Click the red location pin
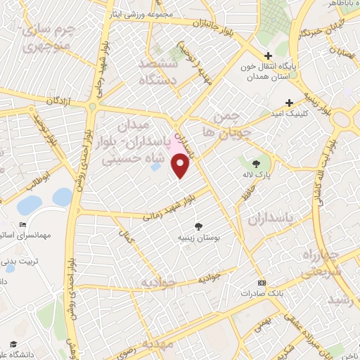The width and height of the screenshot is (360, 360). pyautogui.click(x=181, y=165)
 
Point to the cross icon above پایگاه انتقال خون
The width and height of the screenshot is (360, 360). pyautogui.click(x=267, y=56)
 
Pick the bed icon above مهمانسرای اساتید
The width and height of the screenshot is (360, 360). pyautogui.click(x=23, y=225)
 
